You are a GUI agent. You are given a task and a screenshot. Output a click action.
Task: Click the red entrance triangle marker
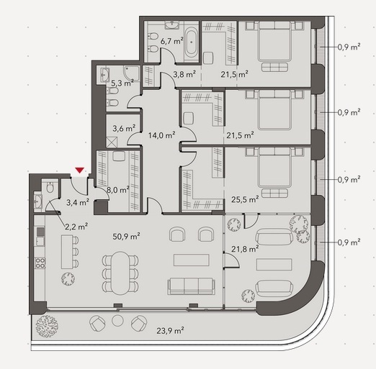(x=79, y=170)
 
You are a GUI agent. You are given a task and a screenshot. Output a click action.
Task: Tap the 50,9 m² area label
(x=126, y=237)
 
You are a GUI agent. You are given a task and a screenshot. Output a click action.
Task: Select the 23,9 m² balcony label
(x=170, y=331)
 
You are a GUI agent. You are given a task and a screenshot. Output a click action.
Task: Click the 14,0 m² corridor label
(x=161, y=135)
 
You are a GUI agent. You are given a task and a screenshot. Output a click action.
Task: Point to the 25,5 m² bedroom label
(x=245, y=199)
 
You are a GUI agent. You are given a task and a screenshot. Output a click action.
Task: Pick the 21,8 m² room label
(x=245, y=249)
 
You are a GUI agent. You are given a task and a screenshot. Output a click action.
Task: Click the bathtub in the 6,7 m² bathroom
(x=192, y=42)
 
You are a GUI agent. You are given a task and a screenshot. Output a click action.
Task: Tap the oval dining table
(x=120, y=273)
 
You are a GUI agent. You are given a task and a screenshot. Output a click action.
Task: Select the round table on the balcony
(x=117, y=321)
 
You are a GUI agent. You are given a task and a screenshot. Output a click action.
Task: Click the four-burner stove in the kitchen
(x=40, y=263)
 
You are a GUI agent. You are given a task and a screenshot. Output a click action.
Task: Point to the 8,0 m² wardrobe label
(x=118, y=190)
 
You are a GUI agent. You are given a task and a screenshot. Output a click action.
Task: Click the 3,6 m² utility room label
(x=124, y=128)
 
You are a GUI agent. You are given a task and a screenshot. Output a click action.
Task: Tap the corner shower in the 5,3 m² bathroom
(x=131, y=73)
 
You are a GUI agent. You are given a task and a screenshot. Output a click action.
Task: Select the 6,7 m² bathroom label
(x=172, y=41)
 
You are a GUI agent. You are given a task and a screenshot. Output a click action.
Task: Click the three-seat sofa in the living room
(x=191, y=286)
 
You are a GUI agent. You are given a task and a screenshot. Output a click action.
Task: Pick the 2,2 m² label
(x=76, y=226)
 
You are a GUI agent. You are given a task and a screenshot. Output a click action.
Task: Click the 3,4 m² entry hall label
(x=78, y=203)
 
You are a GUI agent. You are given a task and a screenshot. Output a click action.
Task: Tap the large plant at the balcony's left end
(x=47, y=327)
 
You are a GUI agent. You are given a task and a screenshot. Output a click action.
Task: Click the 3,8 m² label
(x=184, y=75)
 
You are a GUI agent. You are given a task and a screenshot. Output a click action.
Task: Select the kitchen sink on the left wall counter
(x=40, y=241)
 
